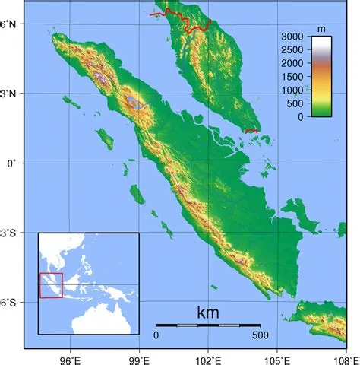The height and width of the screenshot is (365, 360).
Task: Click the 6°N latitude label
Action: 11,24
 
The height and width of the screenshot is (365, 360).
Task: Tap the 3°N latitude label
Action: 11,94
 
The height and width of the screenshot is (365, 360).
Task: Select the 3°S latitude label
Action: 11,233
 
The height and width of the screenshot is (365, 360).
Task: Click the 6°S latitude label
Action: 11,303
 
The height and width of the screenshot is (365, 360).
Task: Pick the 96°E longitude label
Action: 71,356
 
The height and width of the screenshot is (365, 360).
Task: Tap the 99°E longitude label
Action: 140,356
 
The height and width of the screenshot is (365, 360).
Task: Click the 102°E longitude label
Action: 210,356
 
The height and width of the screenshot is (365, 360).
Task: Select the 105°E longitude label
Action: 279,356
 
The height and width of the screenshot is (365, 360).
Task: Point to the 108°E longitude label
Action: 346,356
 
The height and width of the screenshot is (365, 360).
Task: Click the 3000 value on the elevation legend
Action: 291,36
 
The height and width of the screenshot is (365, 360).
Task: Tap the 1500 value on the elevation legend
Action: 291,77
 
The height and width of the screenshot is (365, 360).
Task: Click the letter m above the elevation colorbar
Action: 321,29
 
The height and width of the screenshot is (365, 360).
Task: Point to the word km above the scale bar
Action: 207,313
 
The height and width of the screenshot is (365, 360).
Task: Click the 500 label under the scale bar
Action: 260,335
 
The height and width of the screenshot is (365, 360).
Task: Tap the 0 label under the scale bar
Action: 156,335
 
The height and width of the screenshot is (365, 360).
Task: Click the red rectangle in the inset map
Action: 51,285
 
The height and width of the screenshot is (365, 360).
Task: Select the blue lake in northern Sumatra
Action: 135,101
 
